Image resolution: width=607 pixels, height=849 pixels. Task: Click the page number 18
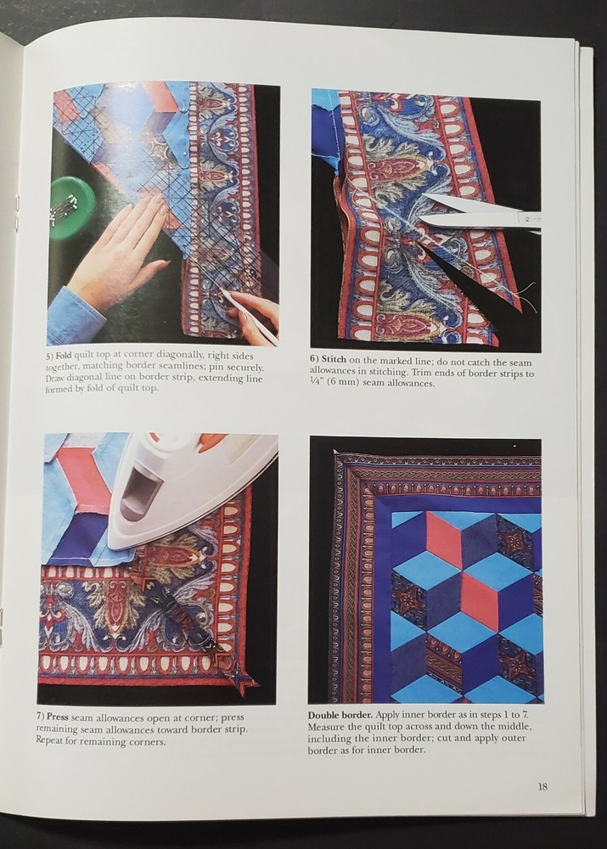coord(542,786)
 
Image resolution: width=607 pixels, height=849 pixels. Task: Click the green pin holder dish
coord(70,208)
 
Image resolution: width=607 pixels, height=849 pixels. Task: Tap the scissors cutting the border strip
coord(475,214)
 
